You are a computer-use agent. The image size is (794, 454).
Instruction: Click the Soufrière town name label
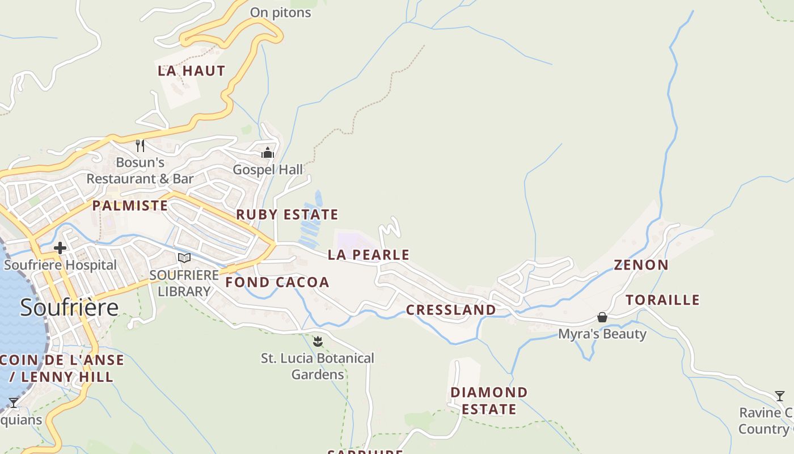tap(69, 307)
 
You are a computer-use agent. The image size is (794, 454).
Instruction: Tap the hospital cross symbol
tap(60, 248)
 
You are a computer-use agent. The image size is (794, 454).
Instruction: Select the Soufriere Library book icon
tap(184, 258)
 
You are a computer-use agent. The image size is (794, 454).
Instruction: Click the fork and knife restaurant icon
tap(140, 146)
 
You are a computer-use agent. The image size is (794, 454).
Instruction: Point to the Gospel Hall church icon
tap(268, 153)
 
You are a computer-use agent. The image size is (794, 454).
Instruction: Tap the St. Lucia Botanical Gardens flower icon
tap(318, 342)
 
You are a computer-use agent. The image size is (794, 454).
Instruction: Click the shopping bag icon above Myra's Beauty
tap(602, 317)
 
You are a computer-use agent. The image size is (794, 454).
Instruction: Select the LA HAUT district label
tap(191, 71)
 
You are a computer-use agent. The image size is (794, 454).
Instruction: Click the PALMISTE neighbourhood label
tap(130, 205)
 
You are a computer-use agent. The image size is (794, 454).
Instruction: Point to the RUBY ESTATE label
tap(287, 215)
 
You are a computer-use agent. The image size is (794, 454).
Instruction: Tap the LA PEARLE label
tap(369, 255)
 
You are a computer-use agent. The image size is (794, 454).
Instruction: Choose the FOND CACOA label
tap(277, 282)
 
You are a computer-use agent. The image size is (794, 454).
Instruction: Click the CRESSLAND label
tap(451, 310)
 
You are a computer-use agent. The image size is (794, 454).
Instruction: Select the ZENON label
tap(641, 265)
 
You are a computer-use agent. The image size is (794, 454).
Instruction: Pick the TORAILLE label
tap(662, 300)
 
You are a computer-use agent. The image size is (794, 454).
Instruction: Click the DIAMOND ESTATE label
tap(489, 401)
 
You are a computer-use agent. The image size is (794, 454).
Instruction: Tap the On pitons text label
tap(280, 12)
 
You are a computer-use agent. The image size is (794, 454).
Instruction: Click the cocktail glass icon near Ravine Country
tap(780, 396)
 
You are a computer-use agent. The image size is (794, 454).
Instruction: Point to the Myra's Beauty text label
tap(602, 334)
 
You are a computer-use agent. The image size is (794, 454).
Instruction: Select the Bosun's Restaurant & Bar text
tap(140, 170)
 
